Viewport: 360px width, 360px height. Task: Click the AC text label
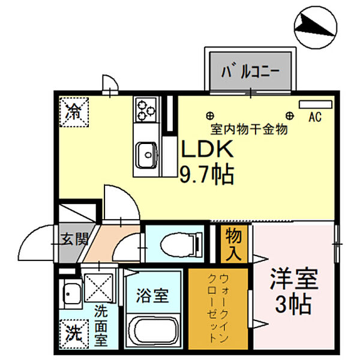(315, 117)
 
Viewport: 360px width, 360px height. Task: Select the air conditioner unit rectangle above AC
(314, 104)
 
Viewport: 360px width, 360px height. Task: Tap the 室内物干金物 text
(250, 129)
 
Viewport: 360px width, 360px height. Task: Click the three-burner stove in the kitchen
(145, 109)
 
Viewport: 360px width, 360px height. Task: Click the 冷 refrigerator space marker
(74, 111)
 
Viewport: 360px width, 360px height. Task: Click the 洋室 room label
(293, 280)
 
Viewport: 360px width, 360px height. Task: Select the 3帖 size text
(293, 305)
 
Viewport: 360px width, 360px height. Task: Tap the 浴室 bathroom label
(152, 295)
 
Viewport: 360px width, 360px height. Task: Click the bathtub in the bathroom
(153, 332)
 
